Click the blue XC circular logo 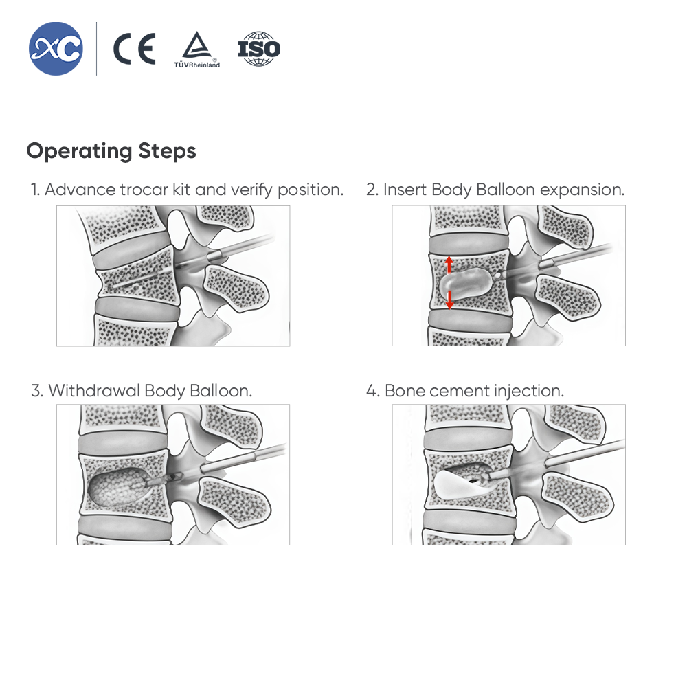56,49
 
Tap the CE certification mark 134,49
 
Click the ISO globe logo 259,49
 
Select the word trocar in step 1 144,190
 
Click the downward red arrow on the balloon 449,300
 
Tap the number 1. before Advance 35,190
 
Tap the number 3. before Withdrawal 37,391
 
